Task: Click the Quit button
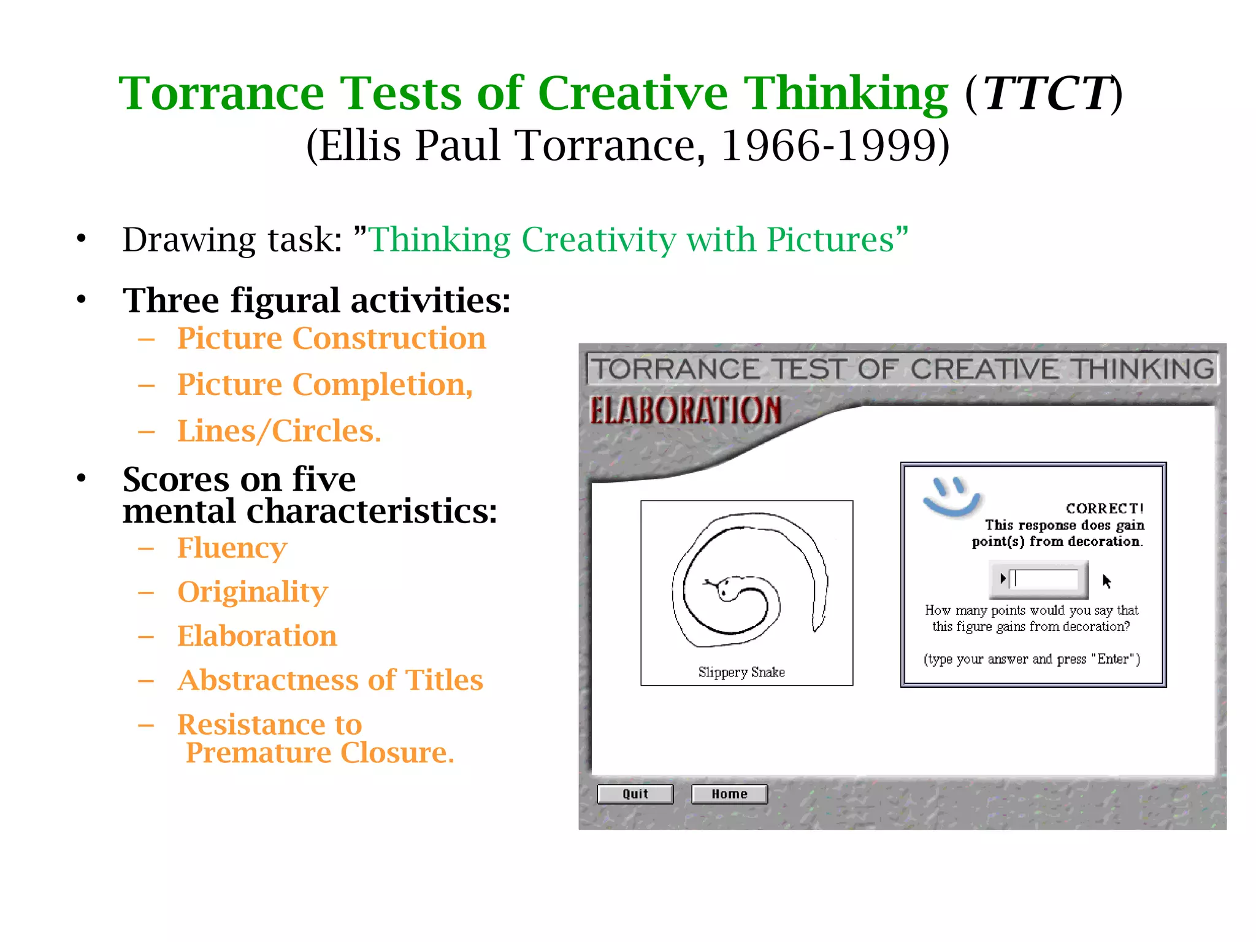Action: click(635, 794)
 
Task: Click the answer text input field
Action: click(1045, 579)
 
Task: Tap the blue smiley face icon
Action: click(951, 496)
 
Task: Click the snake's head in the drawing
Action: click(728, 588)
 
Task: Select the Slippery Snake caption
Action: click(741, 672)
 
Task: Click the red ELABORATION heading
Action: click(685, 411)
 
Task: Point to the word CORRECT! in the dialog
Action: click(1104, 508)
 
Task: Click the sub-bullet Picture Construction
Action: click(331, 339)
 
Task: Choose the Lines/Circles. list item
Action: click(279, 431)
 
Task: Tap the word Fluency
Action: click(232, 548)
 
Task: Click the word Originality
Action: click(253, 592)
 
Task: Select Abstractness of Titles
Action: click(330, 680)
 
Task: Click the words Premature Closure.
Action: click(320, 752)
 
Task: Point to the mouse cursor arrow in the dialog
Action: click(1106, 580)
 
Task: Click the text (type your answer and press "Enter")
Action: click(1032, 659)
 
